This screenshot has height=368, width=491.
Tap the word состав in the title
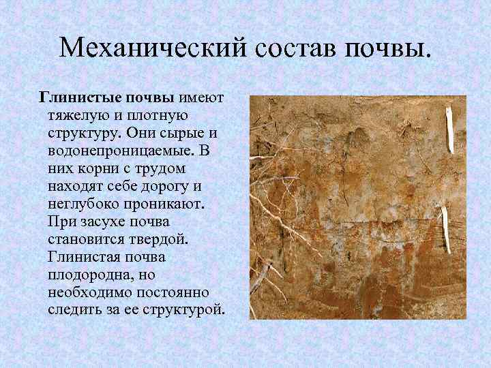tap(294, 47)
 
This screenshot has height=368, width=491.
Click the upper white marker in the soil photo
tap(450, 129)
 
